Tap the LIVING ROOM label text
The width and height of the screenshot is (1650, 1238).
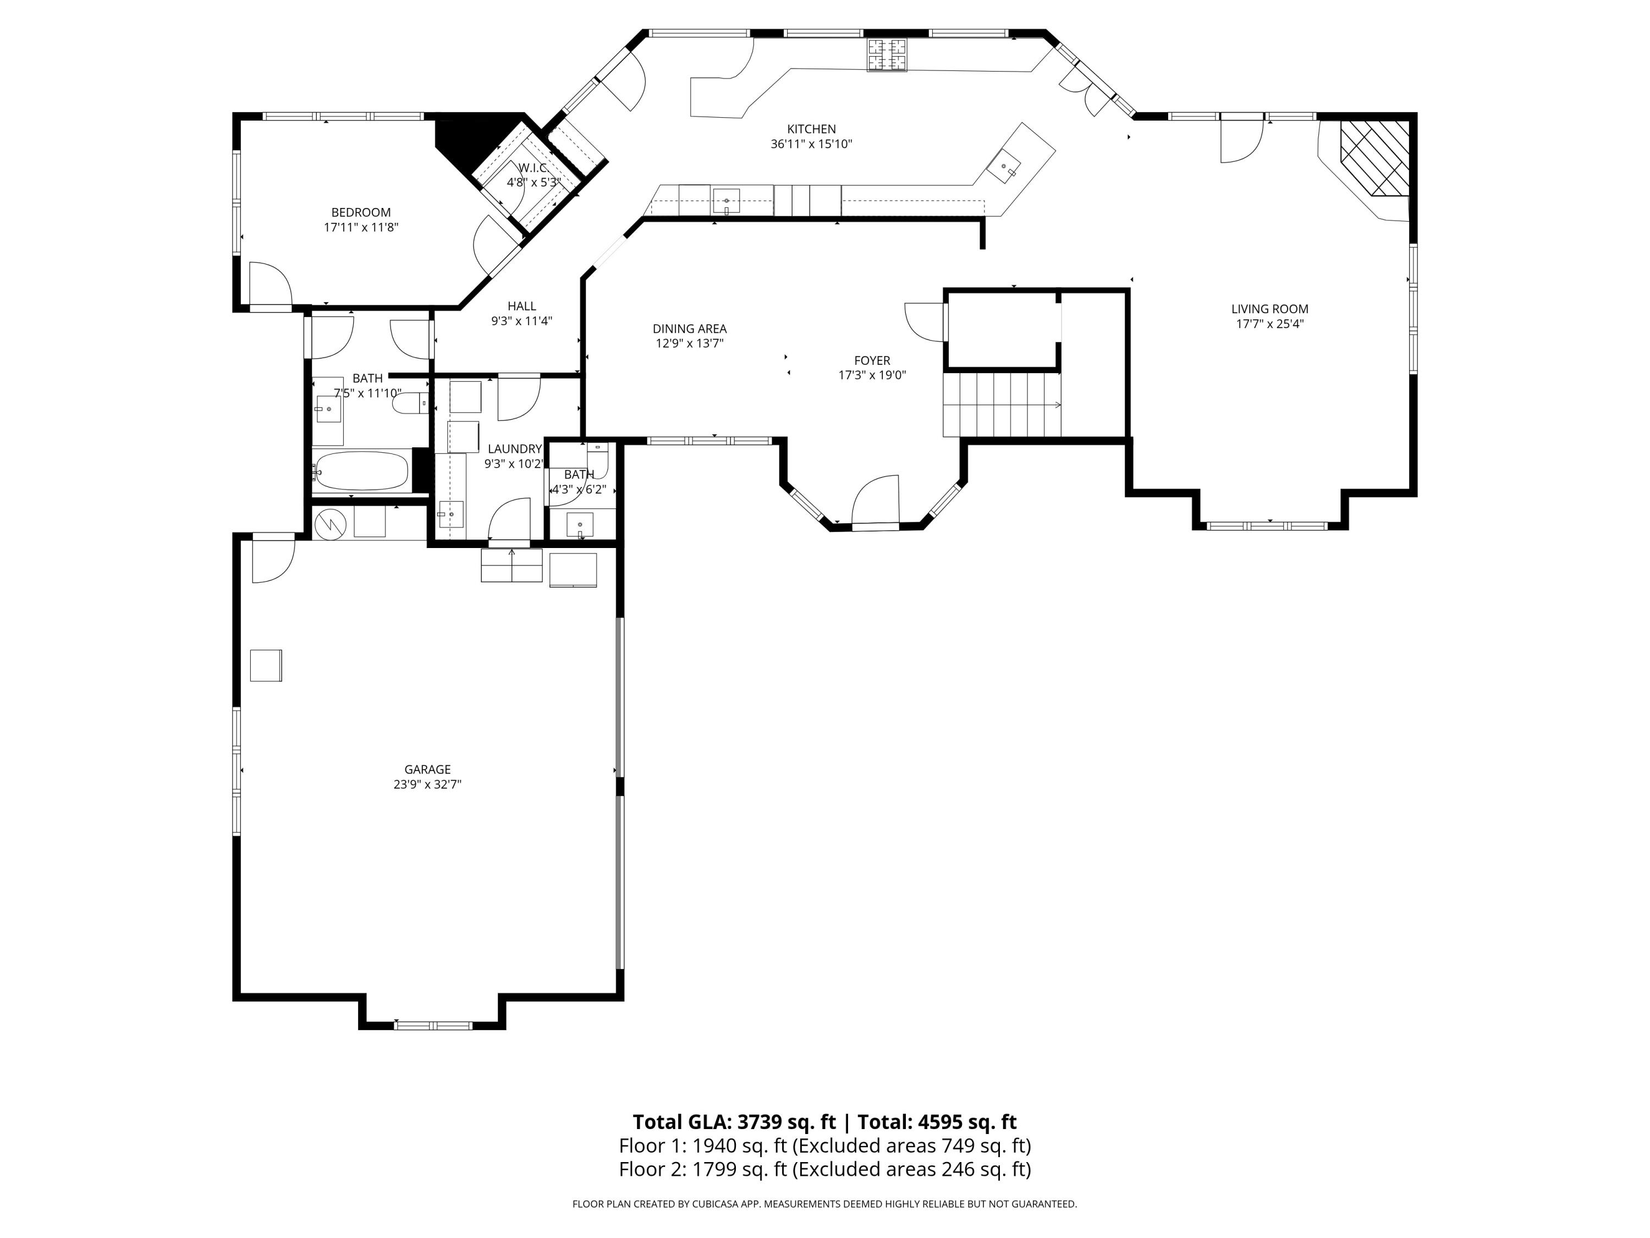1269,309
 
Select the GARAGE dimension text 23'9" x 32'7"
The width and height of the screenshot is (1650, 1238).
427,784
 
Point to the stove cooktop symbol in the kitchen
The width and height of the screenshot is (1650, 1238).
888,54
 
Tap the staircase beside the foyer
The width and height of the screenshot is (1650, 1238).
1002,405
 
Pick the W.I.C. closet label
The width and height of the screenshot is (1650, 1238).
533,168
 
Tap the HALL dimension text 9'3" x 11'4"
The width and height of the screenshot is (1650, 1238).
521,321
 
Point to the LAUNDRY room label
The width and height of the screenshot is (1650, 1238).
515,448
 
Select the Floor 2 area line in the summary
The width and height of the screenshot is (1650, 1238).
824,1169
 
